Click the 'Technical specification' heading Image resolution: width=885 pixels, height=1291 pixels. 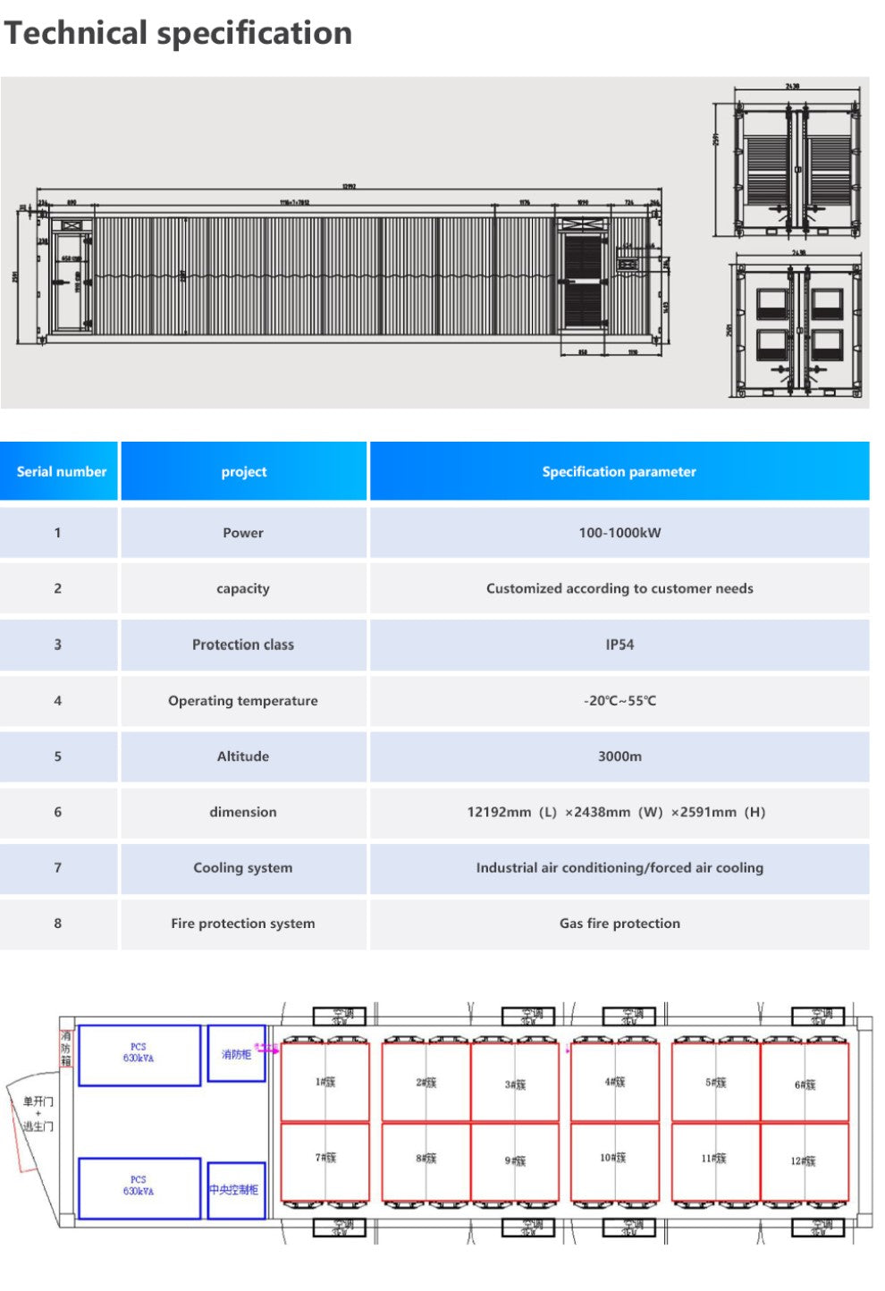179,33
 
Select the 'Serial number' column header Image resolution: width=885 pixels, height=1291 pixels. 61,471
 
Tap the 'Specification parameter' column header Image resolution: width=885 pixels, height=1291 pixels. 619,471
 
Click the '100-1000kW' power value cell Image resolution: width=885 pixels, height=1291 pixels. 619,533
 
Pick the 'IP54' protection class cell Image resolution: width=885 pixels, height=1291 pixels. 619,645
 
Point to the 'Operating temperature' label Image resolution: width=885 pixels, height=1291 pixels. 243,701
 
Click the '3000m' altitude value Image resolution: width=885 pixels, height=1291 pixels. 619,756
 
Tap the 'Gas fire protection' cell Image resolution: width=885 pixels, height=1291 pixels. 619,924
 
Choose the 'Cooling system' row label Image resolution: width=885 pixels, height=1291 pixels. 243,867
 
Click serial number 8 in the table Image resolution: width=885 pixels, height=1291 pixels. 58,924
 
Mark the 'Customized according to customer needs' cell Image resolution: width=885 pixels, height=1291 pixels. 619,588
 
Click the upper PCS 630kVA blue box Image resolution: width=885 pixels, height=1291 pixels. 139,1055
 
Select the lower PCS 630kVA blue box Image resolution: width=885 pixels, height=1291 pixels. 139,1187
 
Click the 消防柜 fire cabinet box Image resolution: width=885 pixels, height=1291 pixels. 236,1054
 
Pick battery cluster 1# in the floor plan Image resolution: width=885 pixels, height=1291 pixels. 324,1082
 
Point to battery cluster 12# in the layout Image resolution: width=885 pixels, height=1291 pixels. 804,1160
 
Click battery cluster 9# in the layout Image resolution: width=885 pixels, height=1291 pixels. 515,1160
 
